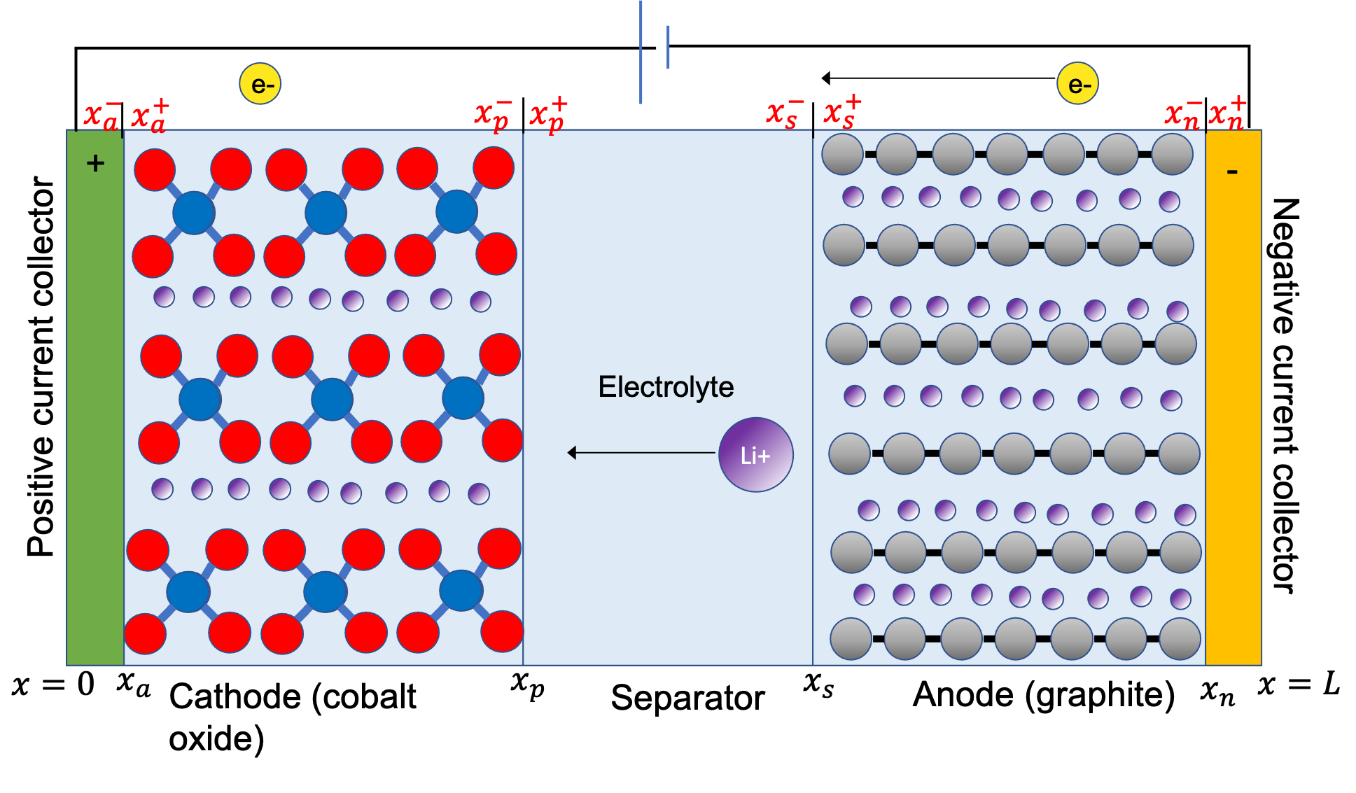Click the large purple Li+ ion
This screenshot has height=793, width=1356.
point(755,455)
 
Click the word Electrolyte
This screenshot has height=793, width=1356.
point(665,387)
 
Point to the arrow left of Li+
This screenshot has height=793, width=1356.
point(641,453)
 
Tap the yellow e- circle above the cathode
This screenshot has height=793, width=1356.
point(260,84)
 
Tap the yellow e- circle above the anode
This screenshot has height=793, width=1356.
point(1077,84)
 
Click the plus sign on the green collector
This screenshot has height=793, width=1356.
point(95,164)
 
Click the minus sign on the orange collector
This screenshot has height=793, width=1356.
point(1232,171)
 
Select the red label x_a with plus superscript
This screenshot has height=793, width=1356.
point(150,115)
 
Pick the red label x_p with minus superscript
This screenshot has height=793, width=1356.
point(494,113)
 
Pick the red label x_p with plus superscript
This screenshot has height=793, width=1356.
point(548,113)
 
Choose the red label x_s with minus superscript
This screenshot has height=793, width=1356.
point(785,113)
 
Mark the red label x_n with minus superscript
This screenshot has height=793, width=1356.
point(1182,113)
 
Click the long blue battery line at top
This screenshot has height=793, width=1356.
point(641,52)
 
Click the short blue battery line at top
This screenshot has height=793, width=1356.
point(668,47)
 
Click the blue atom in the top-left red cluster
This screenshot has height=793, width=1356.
point(193,213)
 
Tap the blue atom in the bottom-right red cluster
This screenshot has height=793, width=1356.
point(461,590)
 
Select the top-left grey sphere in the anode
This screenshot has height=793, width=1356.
point(842,154)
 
